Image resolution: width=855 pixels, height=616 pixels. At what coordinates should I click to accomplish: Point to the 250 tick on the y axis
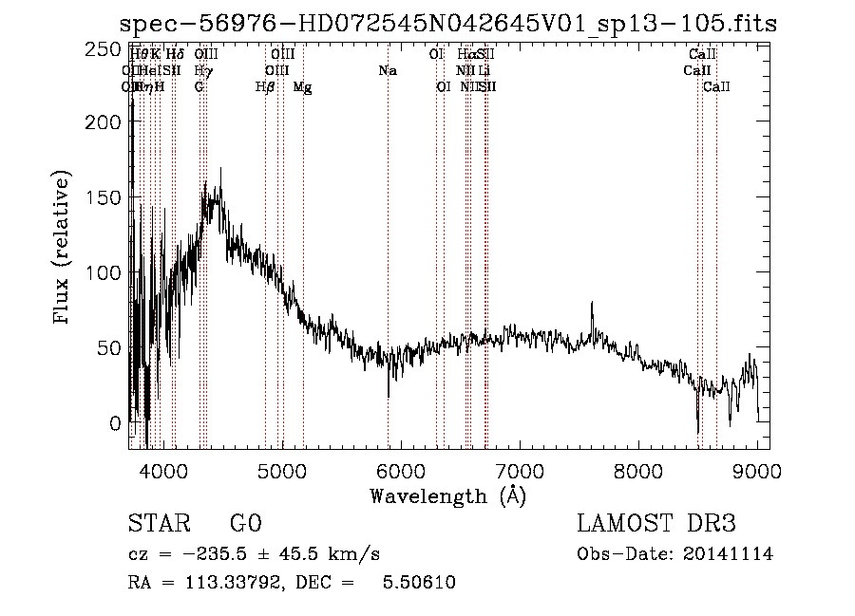tap(130, 47)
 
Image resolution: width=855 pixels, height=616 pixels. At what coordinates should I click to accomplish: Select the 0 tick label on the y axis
tap(115, 422)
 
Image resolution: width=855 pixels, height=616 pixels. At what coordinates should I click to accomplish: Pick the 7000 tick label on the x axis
tap(520, 469)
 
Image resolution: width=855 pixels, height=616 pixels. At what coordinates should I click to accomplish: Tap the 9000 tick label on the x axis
tap(757, 469)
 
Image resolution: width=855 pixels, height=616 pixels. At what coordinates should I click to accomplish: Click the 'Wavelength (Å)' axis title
tap(447, 495)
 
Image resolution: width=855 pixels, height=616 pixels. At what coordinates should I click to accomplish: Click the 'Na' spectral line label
tap(388, 71)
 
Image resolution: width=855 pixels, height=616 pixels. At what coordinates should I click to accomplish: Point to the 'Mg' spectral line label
tap(302, 87)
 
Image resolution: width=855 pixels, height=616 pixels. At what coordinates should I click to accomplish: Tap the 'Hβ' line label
tap(265, 87)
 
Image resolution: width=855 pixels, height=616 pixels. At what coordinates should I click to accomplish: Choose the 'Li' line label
tap(484, 71)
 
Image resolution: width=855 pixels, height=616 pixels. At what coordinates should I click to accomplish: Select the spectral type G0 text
tap(245, 524)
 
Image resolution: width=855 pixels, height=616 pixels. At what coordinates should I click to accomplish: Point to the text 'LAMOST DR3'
tap(656, 524)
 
